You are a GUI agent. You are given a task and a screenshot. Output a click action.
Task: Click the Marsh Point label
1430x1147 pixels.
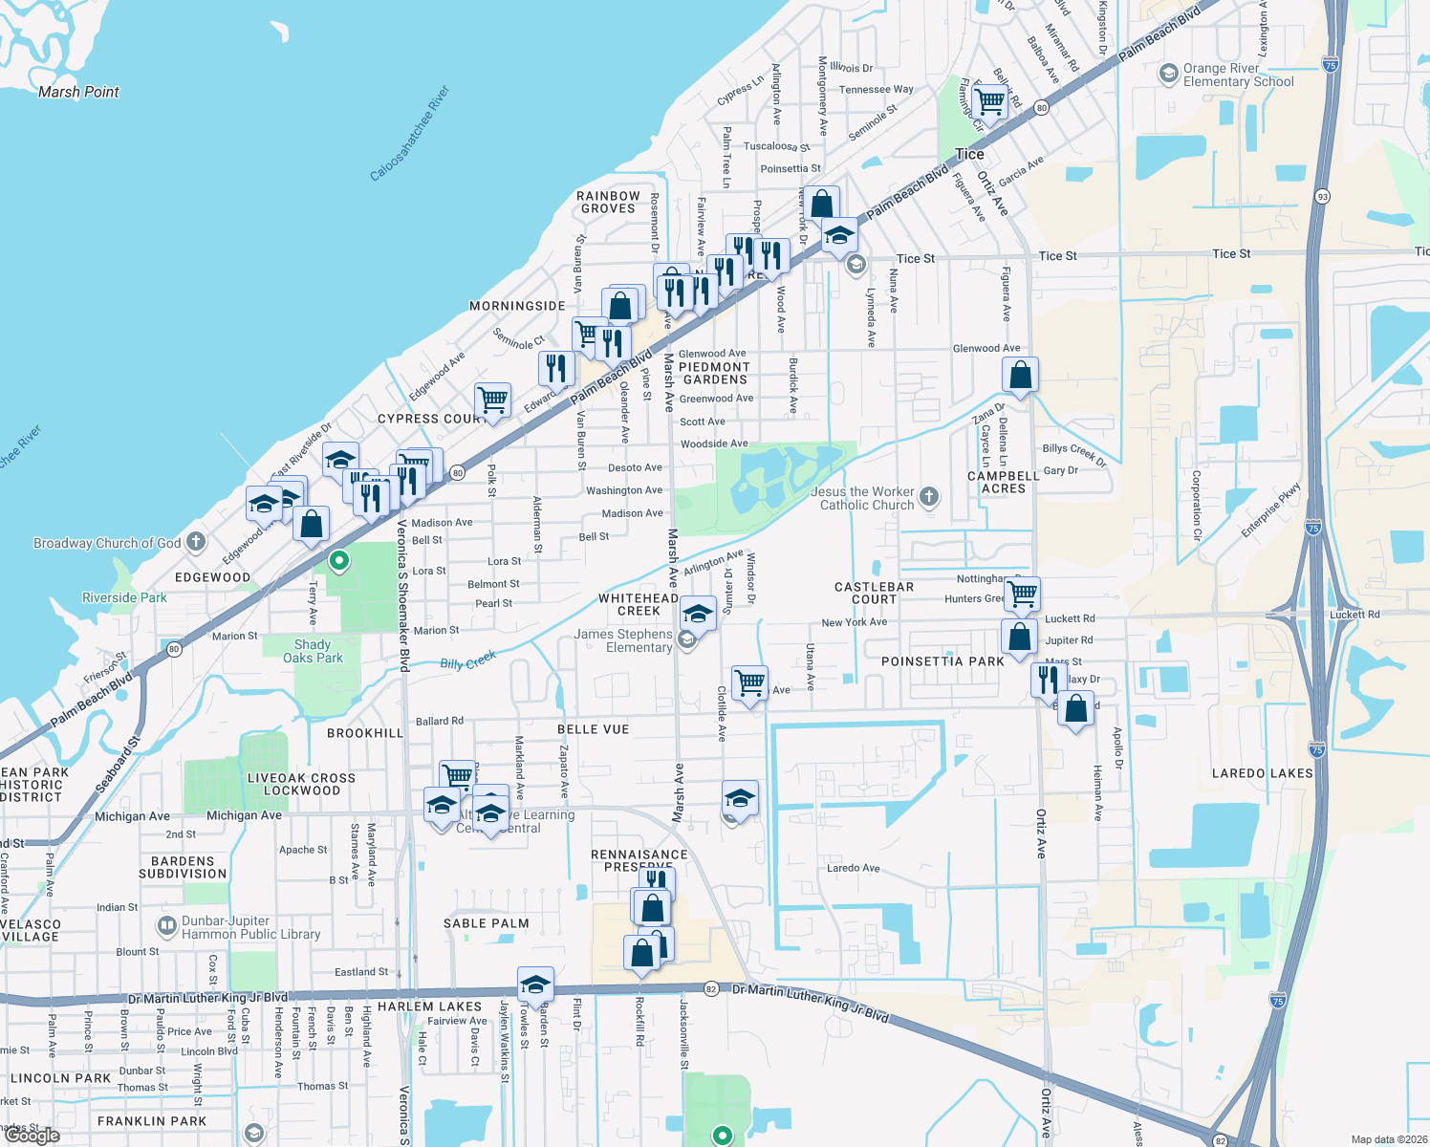click(78, 92)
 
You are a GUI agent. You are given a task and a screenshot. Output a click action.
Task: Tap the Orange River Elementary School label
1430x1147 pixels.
click(1238, 75)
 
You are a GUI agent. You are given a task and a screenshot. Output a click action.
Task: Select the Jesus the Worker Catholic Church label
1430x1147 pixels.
click(866, 498)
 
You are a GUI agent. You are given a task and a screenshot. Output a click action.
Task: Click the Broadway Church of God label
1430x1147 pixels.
click(107, 543)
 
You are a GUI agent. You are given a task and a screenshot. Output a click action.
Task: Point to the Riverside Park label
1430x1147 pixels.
click(124, 597)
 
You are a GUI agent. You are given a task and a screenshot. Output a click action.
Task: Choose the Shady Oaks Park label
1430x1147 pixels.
click(313, 651)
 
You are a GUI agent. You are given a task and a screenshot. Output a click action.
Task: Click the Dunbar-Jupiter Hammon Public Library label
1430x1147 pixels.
click(250, 927)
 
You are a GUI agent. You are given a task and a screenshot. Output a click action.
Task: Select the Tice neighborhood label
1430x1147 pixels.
click(969, 154)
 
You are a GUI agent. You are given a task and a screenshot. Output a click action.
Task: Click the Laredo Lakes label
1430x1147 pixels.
click(1262, 772)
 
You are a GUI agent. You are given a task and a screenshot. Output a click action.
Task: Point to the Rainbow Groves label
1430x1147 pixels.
click(608, 202)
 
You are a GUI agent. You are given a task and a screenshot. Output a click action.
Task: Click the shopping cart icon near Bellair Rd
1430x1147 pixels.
click(990, 99)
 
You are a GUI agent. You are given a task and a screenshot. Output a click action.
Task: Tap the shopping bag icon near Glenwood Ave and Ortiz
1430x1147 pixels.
click(1020, 375)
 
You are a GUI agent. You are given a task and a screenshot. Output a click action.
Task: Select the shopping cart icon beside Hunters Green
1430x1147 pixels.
click(1023, 593)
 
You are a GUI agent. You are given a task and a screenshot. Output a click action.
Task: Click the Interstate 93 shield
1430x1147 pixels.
click(1323, 197)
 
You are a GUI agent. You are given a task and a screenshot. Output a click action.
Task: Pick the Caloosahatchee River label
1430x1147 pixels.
click(410, 134)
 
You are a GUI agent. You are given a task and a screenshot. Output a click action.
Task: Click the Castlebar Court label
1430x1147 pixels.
click(875, 593)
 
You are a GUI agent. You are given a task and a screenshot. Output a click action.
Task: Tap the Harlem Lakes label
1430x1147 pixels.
click(429, 1006)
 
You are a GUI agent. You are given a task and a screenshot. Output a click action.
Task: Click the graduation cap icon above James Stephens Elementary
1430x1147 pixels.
click(698, 614)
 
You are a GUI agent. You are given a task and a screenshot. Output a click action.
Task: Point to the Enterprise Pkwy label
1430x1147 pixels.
click(1271, 509)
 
